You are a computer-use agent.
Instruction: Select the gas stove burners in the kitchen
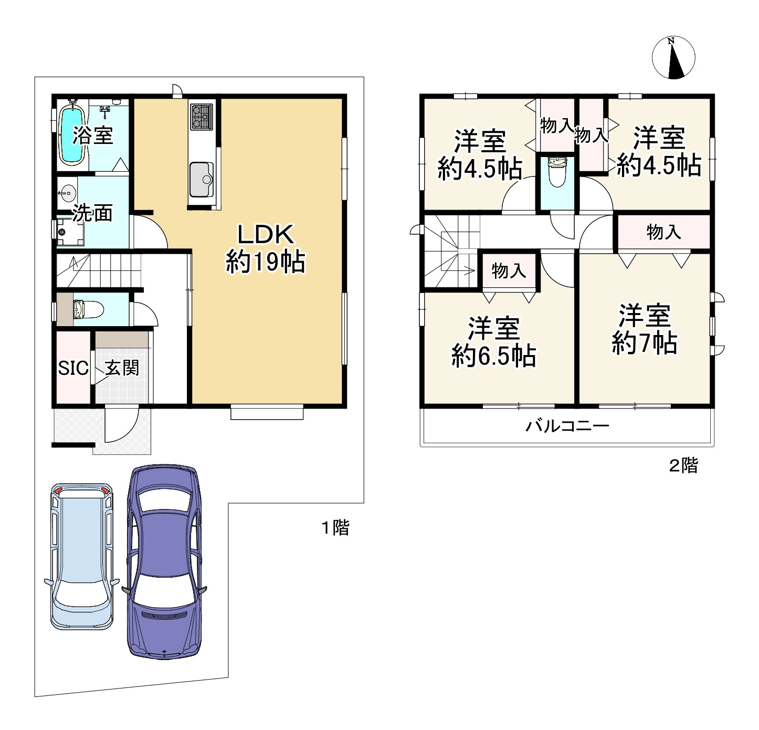202,117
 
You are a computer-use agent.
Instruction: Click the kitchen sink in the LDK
201,180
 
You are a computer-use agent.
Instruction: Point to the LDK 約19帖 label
266,248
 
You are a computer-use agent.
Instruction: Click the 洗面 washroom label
92,213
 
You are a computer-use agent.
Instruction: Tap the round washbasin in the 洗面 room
68,192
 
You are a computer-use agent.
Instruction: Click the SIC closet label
73,368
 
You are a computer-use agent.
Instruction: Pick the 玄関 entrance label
122,368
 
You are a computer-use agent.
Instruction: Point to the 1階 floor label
335,528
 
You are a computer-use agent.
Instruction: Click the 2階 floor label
683,465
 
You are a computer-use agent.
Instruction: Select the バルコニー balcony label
567,426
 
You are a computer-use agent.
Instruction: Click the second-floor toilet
557,172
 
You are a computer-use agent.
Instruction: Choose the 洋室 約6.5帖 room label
494,342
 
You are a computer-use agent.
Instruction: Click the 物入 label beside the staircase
509,270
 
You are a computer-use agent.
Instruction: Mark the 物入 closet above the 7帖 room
663,232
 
